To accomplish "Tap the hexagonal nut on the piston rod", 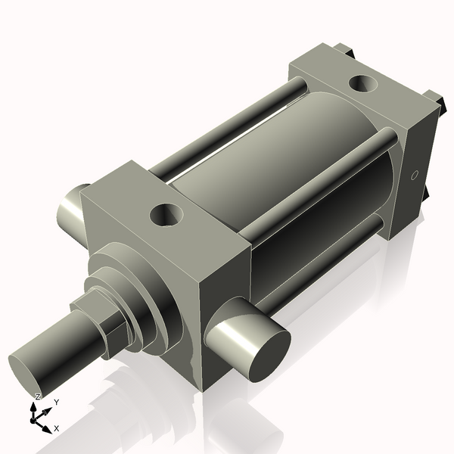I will click(x=95, y=322).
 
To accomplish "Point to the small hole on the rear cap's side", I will click(x=413, y=176).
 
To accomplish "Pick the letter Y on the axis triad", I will click(x=56, y=403).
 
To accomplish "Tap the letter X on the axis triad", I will click(x=57, y=428).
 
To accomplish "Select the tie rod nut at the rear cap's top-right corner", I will click(x=434, y=99).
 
